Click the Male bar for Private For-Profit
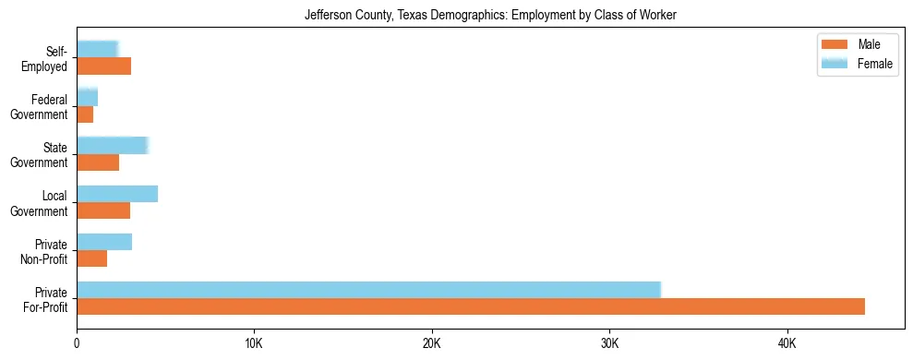(x=471, y=306)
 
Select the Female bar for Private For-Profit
(x=368, y=290)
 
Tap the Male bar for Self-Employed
(x=103, y=66)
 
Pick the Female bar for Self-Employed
(x=97, y=49)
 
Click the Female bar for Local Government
(x=117, y=194)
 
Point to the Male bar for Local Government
(x=103, y=210)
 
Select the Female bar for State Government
(x=112, y=145)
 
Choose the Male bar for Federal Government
(x=85, y=114)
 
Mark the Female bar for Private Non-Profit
(x=104, y=242)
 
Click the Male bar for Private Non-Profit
(x=91, y=258)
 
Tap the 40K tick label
(x=787, y=342)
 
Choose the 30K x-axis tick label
(x=609, y=342)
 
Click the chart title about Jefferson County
(x=491, y=15)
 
